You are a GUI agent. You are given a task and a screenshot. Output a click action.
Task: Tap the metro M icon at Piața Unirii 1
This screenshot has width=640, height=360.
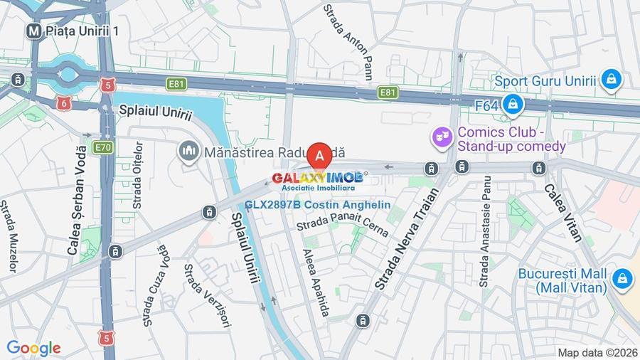click(x=33, y=31)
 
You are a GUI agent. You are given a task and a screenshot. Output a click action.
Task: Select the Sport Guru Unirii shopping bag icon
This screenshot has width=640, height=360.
click(x=611, y=80)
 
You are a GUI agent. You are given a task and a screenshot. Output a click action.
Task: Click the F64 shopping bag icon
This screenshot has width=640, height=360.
click(x=512, y=105)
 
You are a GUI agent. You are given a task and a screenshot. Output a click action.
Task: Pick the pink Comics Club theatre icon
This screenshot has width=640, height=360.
click(x=442, y=134)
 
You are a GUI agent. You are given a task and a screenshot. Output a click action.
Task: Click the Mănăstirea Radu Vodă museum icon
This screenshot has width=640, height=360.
click(x=188, y=151)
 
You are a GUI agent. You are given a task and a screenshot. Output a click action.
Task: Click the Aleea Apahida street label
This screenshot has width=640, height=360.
click(x=317, y=282)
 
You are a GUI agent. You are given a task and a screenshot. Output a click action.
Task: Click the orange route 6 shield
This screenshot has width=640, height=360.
click(x=64, y=104)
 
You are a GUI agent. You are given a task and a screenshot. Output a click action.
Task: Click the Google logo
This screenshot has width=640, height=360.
click(x=33, y=348)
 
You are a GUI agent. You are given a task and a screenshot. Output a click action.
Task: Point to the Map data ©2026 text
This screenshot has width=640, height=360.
click(x=596, y=352)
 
